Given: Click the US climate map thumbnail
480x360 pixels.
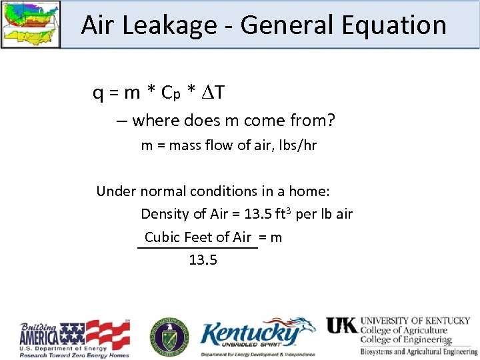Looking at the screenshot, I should [31, 24].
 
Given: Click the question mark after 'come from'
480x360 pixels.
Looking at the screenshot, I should [331, 121].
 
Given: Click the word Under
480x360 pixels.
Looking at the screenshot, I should [115, 191].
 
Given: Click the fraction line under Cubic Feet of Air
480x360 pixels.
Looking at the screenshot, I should [197, 249].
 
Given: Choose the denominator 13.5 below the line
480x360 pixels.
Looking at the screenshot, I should [203, 260].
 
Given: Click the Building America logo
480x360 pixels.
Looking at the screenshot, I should [73, 339].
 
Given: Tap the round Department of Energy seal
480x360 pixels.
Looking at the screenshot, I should [169, 337].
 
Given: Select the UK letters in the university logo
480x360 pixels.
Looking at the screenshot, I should [341, 325].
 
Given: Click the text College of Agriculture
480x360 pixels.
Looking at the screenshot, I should [404, 330].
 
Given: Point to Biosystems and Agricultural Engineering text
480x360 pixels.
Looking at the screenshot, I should [419, 351].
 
